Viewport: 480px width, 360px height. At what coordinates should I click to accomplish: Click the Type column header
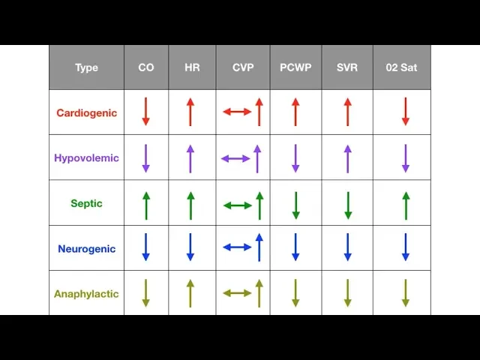click(86, 67)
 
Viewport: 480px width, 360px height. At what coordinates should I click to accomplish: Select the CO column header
click(146, 67)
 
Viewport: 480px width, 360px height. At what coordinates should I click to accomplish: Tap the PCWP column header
click(295, 67)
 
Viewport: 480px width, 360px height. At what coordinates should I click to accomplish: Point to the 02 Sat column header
click(402, 67)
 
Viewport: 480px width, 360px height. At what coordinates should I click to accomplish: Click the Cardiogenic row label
click(86, 113)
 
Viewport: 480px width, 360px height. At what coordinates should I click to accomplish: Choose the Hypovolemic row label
click(86, 158)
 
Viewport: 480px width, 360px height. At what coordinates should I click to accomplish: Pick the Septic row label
click(86, 203)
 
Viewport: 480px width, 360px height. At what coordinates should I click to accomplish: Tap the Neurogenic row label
click(86, 248)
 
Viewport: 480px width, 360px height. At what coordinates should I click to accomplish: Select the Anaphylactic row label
click(86, 294)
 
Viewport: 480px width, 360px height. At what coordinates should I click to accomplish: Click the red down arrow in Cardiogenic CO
click(146, 112)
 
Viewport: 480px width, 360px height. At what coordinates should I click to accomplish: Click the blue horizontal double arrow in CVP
click(237, 247)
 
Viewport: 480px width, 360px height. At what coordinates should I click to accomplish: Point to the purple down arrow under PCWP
click(295, 158)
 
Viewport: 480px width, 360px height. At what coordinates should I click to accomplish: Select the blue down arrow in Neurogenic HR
click(190, 247)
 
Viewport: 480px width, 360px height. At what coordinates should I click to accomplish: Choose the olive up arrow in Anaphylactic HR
click(190, 293)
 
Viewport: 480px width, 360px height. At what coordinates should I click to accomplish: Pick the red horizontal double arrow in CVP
click(237, 112)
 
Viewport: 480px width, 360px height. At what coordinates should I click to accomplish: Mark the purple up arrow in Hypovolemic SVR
click(347, 158)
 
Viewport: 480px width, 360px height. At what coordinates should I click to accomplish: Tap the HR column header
click(192, 67)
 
